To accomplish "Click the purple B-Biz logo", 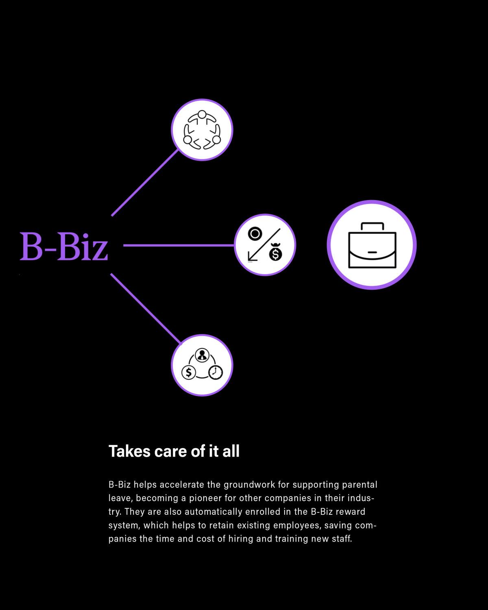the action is [x=64, y=246].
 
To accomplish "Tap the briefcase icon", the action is [x=372, y=245].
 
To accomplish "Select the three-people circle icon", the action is [x=202, y=130].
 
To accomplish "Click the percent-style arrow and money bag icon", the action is [x=265, y=245].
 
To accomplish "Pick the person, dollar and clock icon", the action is [x=202, y=365].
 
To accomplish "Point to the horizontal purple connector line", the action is [x=179, y=245].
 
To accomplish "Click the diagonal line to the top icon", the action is [x=144, y=183].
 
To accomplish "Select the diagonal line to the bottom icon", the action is [x=144, y=307].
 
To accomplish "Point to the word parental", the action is [x=359, y=485].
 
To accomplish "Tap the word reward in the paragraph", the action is [x=350, y=512].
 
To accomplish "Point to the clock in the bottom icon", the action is [x=216, y=372].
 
